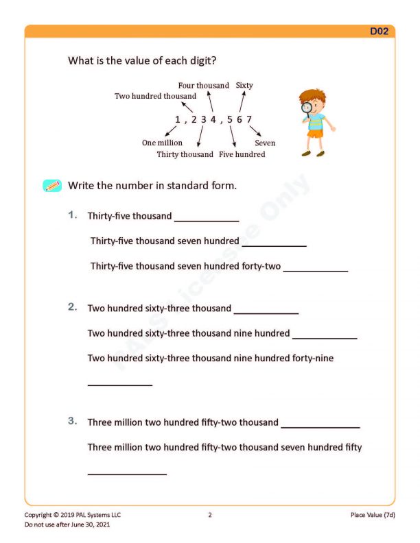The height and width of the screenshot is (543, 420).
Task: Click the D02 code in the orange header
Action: click(380, 32)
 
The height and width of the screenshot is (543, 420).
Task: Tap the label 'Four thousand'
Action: click(204, 86)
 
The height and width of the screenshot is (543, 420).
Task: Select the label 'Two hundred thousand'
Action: click(155, 97)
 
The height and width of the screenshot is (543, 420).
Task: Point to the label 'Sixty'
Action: click(244, 86)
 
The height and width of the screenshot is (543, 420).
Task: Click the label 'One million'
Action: click(162, 143)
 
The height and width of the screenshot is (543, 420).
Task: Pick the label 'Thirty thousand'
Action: click(185, 154)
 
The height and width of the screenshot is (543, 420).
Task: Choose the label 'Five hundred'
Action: click(242, 154)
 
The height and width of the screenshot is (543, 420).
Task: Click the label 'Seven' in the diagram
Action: click(265, 143)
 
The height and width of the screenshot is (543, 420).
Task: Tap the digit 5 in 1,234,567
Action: click(229, 120)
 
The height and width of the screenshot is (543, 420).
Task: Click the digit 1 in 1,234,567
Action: click(178, 120)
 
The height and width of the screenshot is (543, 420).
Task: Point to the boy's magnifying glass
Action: click(306, 107)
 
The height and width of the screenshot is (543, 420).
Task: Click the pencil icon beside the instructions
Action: click(52, 186)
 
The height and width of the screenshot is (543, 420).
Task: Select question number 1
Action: click(73, 215)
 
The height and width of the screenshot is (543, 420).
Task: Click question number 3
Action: click(73, 422)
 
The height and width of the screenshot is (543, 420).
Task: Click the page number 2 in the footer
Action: click(210, 515)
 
